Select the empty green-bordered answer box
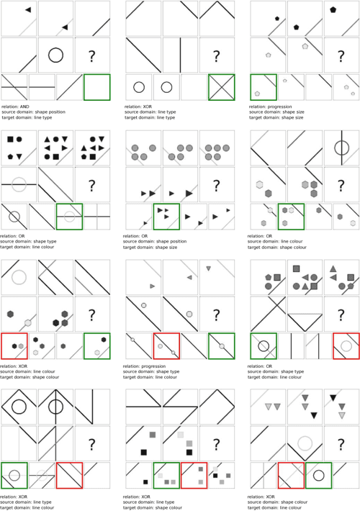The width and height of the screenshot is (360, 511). click(x=96, y=87)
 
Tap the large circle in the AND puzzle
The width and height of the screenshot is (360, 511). click(x=55, y=55)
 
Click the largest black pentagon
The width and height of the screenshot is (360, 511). click(x=333, y=10)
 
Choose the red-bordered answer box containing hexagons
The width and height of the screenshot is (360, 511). click(x=14, y=345)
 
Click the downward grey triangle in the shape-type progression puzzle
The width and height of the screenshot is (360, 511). click(x=208, y=268)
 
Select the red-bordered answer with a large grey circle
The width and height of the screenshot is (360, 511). click(x=346, y=345)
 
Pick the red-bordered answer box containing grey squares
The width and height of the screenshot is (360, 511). click(x=194, y=475)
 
